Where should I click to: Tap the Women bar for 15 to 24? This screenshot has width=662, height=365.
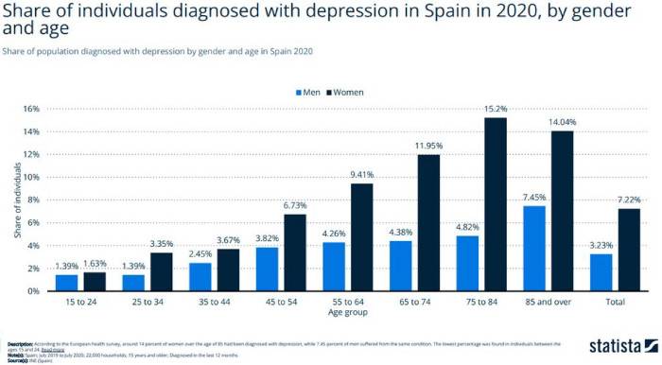point(96,281)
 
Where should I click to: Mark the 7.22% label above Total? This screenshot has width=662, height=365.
point(630,200)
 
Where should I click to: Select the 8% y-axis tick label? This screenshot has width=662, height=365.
point(32,200)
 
